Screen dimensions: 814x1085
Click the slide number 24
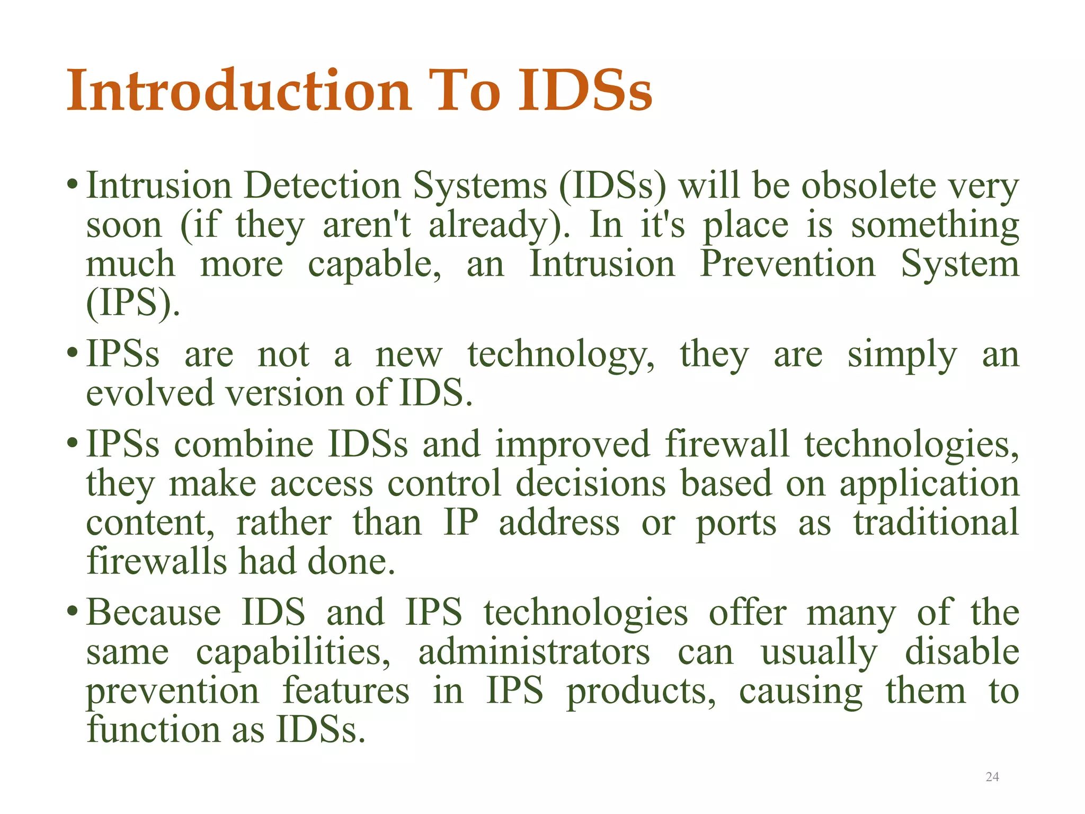point(992,777)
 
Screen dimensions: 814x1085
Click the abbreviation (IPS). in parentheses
point(132,303)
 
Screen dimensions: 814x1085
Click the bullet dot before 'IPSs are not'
point(73,354)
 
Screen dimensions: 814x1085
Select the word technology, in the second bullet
point(561,354)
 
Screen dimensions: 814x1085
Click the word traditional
point(936,522)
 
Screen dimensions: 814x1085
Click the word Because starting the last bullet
point(154,612)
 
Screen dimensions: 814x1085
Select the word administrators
point(534,651)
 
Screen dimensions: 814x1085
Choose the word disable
point(962,651)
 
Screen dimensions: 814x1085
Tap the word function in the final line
point(154,729)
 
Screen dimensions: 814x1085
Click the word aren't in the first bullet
point(367,225)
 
